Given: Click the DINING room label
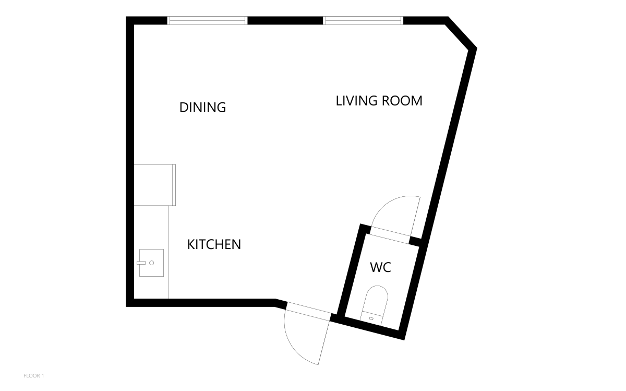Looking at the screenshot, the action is pyautogui.click(x=202, y=108).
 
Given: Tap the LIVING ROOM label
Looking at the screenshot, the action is pyautogui.click(x=379, y=101).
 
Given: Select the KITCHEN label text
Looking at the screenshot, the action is pyautogui.click(x=214, y=244).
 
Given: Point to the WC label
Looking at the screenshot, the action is pyautogui.click(x=380, y=267).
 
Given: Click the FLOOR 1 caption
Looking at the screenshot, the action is pyautogui.click(x=34, y=376).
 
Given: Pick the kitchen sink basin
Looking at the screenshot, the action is pyautogui.click(x=151, y=263).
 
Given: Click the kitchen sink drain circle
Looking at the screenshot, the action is pyautogui.click(x=152, y=263).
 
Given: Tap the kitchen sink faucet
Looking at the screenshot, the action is pyautogui.click(x=141, y=263).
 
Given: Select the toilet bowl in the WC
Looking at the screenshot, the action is pyautogui.click(x=377, y=299).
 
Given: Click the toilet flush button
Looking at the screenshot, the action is pyautogui.click(x=371, y=318).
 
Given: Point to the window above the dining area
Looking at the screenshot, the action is pyautogui.click(x=208, y=20).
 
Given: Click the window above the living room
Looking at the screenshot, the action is pyautogui.click(x=363, y=20).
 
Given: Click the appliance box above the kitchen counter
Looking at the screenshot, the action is pyautogui.click(x=155, y=185).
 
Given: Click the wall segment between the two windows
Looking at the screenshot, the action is pyautogui.click(x=285, y=20).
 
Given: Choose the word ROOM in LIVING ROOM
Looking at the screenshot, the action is pyautogui.click(x=402, y=101).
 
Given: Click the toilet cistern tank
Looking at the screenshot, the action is pyautogui.click(x=371, y=318).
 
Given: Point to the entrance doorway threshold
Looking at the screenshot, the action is pyautogui.click(x=308, y=311).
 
